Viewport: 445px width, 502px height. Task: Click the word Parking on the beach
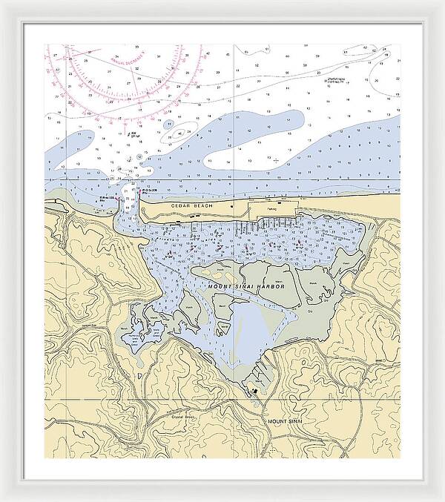[267, 209]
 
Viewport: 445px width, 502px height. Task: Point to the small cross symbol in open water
[275, 159]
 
